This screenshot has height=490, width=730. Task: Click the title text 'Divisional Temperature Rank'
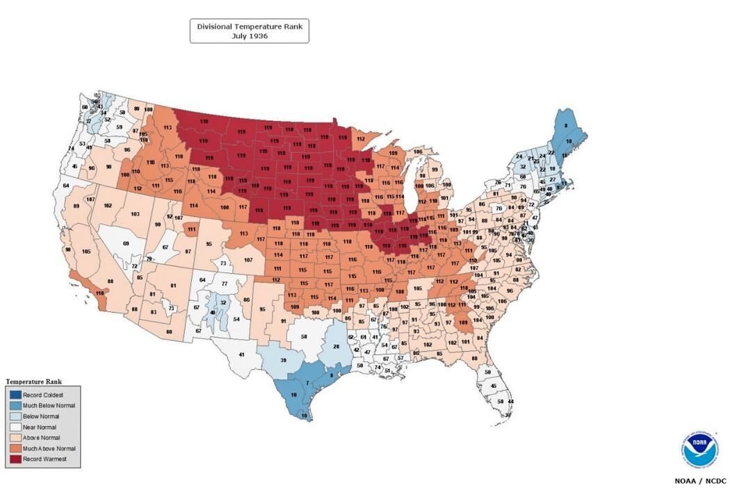tap(249, 26)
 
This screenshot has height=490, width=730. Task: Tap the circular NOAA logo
tap(700, 451)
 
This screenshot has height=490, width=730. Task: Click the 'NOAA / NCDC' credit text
tap(700, 480)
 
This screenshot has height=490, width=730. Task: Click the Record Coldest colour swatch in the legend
tap(14, 395)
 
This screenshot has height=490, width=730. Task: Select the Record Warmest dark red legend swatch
tap(14, 459)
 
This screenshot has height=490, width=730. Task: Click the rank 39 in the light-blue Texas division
tap(283, 360)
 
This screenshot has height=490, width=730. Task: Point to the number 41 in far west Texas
tap(241, 354)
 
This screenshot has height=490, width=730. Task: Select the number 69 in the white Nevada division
tap(126, 243)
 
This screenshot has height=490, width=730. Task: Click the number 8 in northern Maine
tap(565, 126)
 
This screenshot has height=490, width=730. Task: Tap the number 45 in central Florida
tap(494, 386)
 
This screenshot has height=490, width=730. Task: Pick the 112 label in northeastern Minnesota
tap(361, 138)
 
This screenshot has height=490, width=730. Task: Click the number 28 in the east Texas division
tap(336, 346)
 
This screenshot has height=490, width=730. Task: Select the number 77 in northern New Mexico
tap(225, 284)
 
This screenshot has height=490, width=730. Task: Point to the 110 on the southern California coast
tap(99, 293)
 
